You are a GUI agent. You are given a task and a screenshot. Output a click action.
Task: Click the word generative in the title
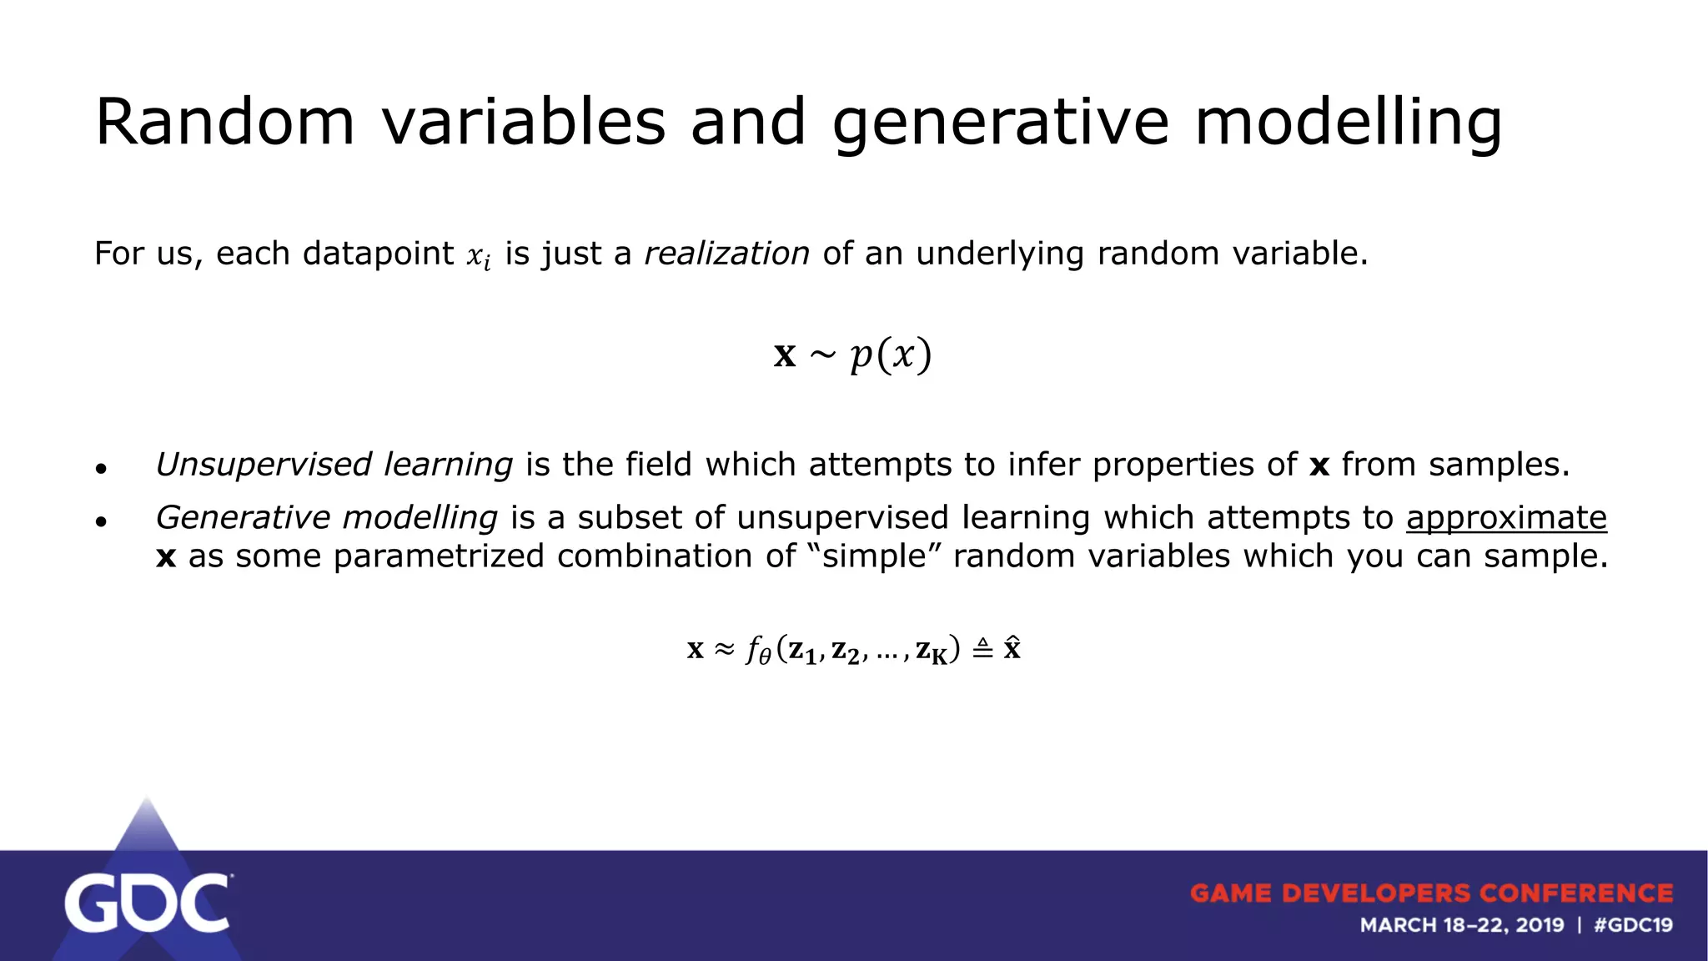click(1001, 123)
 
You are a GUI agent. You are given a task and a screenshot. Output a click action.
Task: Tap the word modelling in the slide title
click(1348, 123)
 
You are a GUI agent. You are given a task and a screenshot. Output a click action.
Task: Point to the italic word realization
click(726, 254)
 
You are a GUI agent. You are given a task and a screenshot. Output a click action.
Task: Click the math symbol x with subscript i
click(478, 256)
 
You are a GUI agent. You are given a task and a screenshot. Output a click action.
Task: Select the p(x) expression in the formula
click(890, 355)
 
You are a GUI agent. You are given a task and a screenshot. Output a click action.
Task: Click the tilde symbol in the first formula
click(822, 355)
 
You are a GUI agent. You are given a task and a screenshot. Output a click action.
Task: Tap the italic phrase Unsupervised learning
click(334, 465)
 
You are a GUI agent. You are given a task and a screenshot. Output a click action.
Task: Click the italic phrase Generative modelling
click(327, 518)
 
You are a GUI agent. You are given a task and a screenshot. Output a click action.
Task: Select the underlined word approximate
click(1506, 518)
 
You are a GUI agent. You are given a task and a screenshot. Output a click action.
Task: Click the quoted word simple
click(875, 556)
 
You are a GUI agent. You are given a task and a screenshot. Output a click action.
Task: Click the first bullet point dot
click(101, 469)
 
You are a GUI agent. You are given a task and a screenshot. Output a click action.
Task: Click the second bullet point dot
click(101, 522)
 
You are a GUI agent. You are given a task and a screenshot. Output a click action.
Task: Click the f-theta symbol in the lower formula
click(757, 649)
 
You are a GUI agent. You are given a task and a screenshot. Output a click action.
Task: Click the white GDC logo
click(147, 903)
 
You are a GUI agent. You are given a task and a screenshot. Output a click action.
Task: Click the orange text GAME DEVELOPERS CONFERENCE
click(1431, 893)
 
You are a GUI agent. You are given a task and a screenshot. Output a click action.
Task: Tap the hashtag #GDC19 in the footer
click(1632, 925)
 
